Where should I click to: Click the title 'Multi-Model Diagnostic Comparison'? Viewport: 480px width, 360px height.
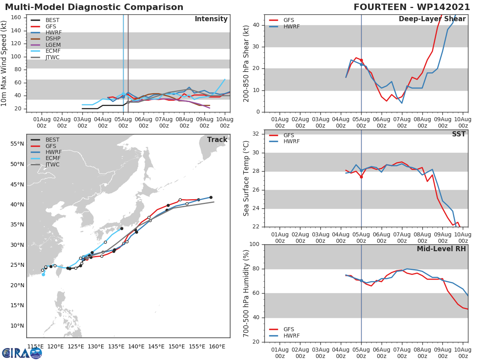click(x=94, y=7)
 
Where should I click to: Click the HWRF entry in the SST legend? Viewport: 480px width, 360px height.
click(x=291, y=142)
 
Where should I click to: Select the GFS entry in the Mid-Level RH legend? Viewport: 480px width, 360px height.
click(x=288, y=329)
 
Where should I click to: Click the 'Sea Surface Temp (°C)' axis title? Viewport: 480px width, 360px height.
click(x=246, y=178)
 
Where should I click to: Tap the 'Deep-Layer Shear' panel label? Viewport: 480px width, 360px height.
click(x=432, y=19)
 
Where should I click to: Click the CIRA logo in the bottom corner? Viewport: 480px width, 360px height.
click(x=22, y=353)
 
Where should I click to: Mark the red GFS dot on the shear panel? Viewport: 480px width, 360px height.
click(x=361, y=60)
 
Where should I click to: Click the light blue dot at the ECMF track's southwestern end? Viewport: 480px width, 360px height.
click(x=43, y=274)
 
